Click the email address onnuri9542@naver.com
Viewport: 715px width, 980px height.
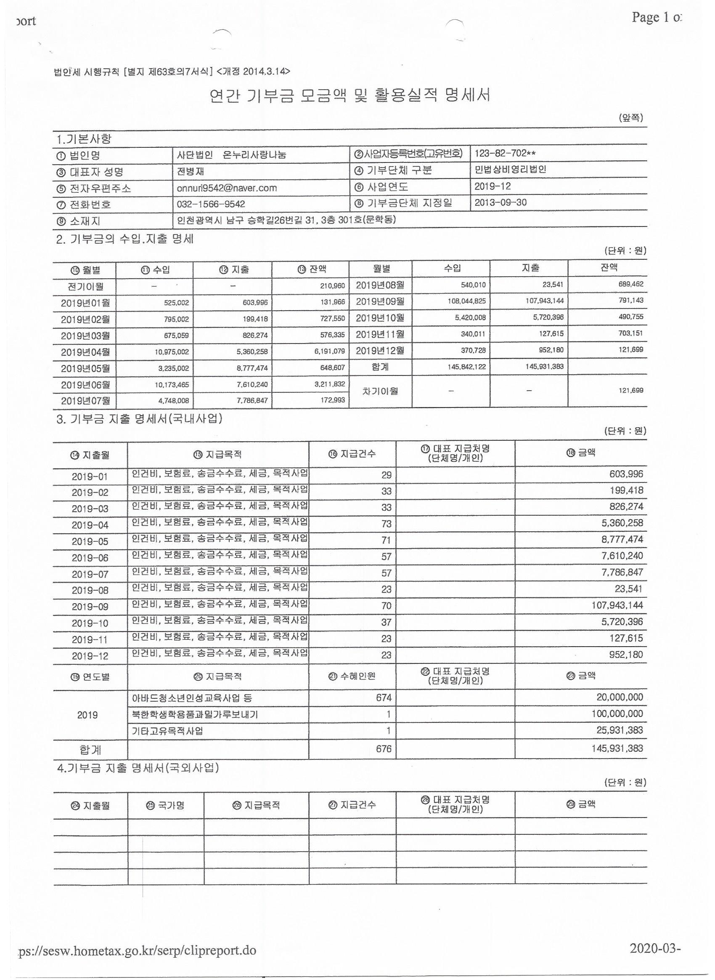click(x=226, y=188)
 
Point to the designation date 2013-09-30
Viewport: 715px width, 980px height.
click(x=500, y=202)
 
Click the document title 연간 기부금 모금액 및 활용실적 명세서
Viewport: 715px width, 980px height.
click(x=349, y=95)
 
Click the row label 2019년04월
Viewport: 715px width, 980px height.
click(x=85, y=352)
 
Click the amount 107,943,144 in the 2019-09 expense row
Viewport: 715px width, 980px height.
click(x=617, y=605)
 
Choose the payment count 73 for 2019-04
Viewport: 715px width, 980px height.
click(x=386, y=524)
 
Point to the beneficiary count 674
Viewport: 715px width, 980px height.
click(x=384, y=698)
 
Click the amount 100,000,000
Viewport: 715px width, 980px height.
click(x=617, y=714)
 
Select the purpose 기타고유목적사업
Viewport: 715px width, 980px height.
click(x=167, y=731)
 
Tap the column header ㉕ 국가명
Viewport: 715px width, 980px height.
click(x=165, y=805)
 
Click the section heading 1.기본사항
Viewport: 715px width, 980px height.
click(x=84, y=139)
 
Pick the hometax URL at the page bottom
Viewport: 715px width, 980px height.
click(x=137, y=951)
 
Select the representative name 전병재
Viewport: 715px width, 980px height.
click(x=191, y=171)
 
